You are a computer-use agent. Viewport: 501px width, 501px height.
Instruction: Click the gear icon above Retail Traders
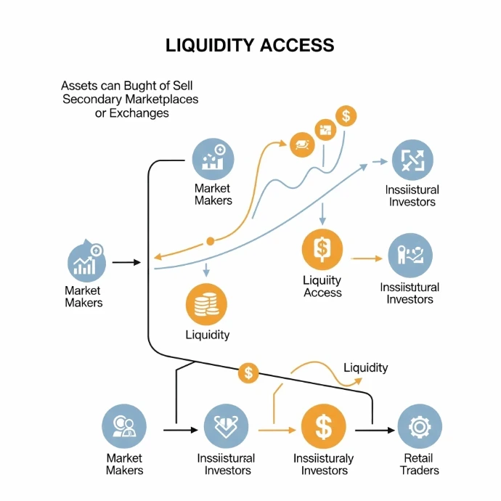click(x=420, y=426)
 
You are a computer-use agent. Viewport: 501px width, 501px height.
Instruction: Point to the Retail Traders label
click(x=420, y=464)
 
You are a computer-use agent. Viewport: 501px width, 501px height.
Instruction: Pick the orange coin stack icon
click(x=207, y=303)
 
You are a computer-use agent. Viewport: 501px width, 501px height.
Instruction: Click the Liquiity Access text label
click(x=322, y=286)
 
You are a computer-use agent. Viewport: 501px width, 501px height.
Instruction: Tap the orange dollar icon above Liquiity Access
click(x=322, y=248)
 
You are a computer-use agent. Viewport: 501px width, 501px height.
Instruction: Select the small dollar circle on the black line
click(x=248, y=373)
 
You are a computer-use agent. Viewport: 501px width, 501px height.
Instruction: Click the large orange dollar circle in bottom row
click(x=323, y=426)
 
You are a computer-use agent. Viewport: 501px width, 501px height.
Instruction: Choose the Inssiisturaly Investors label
click(x=323, y=464)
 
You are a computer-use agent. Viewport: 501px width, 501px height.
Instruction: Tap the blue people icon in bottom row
click(x=124, y=426)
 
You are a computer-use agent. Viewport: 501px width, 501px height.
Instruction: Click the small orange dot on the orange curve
click(x=210, y=240)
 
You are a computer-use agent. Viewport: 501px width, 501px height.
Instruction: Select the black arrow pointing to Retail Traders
click(x=375, y=431)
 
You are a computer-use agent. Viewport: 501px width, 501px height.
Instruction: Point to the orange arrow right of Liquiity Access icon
click(x=366, y=258)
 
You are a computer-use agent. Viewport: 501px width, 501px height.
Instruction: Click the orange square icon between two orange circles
click(x=324, y=130)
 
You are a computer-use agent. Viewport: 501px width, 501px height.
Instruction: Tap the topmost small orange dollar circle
click(x=346, y=115)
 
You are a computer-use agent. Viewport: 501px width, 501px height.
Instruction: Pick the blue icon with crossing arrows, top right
click(x=412, y=160)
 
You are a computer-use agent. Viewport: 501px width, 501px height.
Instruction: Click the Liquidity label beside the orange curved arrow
click(x=365, y=367)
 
